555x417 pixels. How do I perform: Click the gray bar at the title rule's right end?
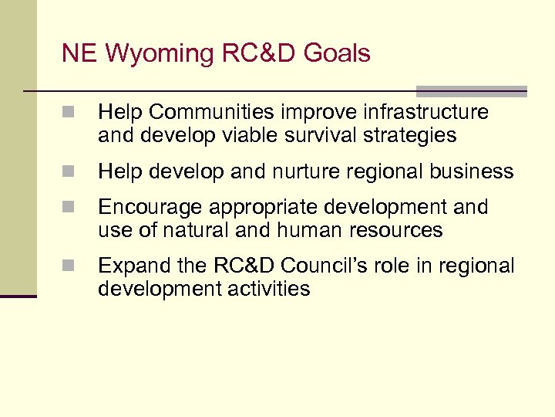coord(471,91)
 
